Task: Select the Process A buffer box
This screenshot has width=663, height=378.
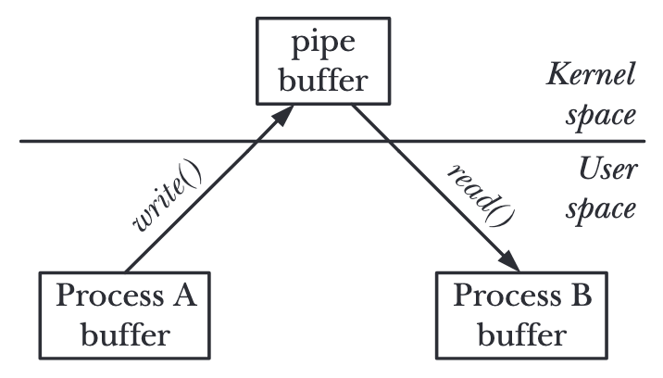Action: [x=126, y=314]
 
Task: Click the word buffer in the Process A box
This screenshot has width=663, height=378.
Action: [x=126, y=333]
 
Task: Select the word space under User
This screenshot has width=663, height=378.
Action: [x=607, y=209]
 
